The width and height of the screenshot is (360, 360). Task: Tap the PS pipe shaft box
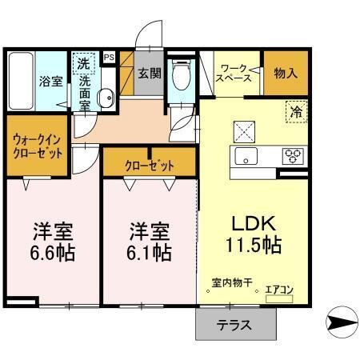pyautogui.click(x=109, y=58)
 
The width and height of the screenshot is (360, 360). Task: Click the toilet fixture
pyautogui.click(x=181, y=78)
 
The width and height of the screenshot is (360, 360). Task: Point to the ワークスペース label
pyautogui.click(x=237, y=73)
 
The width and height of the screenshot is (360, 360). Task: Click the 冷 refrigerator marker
pyautogui.click(x=295, y=113)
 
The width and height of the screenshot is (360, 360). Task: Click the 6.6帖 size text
pyautogui.click(x=53, y=253)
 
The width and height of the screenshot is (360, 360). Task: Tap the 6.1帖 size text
pyautogui.click(x=150, y=253)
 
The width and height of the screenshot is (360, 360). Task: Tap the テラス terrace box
pyautogui.click(x=236, y=325)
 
